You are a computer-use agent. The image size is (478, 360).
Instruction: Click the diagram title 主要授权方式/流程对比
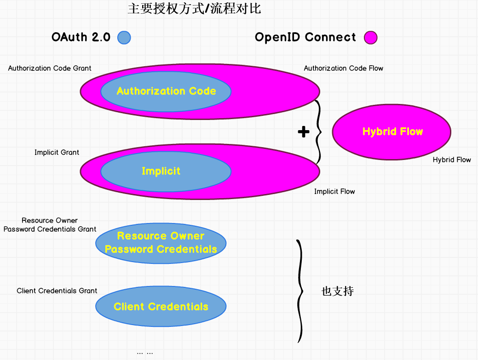pos(194,9)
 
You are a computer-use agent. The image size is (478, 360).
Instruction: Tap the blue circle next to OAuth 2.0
pos(124,37)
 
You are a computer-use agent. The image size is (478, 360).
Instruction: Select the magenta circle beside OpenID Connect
pos(370,37)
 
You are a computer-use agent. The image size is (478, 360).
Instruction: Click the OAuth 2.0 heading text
pos(81,37)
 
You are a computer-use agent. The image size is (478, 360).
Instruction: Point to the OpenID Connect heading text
pos(305,37)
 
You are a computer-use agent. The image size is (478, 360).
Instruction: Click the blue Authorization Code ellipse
pos(166,91)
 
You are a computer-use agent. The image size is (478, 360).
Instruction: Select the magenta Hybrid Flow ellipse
pos(392,132)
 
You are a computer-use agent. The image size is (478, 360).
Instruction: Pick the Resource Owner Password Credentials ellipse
pos(161,243)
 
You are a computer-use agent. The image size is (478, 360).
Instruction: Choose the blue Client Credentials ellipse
pos(161,307)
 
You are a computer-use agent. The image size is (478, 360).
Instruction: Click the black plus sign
pos(304,132)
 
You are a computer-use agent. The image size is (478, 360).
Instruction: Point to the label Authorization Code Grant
pos(50,68)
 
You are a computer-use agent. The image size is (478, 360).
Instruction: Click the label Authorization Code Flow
pos(343,68)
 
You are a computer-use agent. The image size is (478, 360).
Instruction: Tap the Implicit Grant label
pos(57,152)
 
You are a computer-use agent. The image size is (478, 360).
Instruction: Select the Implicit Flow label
pos(334,191)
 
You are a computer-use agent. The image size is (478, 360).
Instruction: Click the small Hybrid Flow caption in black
pos(452,160)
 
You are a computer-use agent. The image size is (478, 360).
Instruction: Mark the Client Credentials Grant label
pos(57,291)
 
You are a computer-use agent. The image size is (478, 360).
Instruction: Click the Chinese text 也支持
pos(337,291)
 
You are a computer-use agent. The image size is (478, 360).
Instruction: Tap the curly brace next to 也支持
pos(300,291)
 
